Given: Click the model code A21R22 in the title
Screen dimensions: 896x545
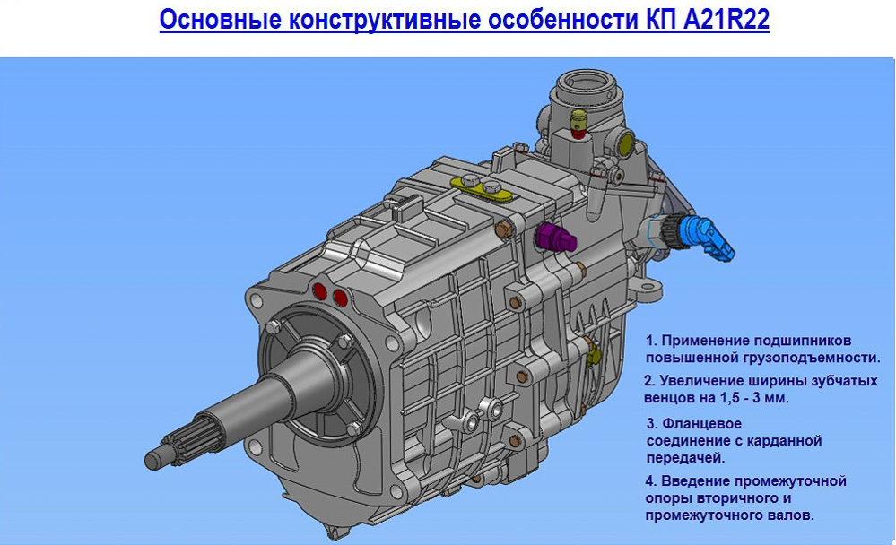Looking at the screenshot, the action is click(726, 19).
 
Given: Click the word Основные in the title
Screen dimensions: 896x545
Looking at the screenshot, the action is click(221, 20).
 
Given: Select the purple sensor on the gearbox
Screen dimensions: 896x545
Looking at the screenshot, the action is click(555, 237).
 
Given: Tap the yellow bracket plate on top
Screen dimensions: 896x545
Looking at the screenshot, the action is click(481, 188).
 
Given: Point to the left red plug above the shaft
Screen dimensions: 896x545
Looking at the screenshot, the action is click(320, 292).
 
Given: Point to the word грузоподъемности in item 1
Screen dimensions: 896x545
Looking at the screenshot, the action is click(812, 359).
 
